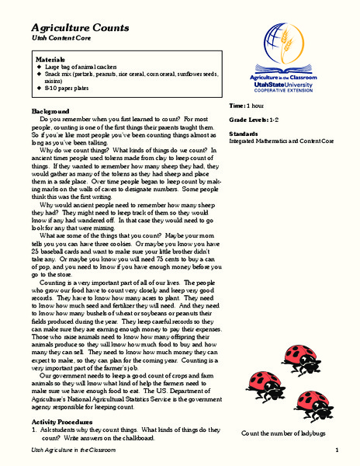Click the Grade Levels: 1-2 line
click(x=254, y=120)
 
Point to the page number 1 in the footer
click(x=337, y=451)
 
